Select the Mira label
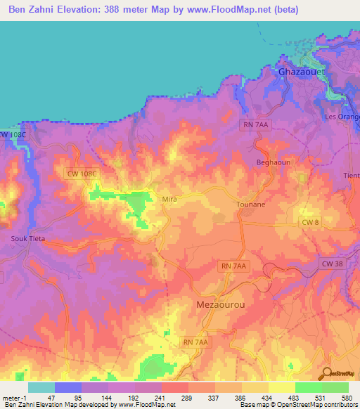click(169, 200)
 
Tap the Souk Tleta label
click(27, 239)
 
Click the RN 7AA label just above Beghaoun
click(255, 124)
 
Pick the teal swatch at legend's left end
click(41, 387)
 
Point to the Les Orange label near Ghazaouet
click(342, 116)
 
